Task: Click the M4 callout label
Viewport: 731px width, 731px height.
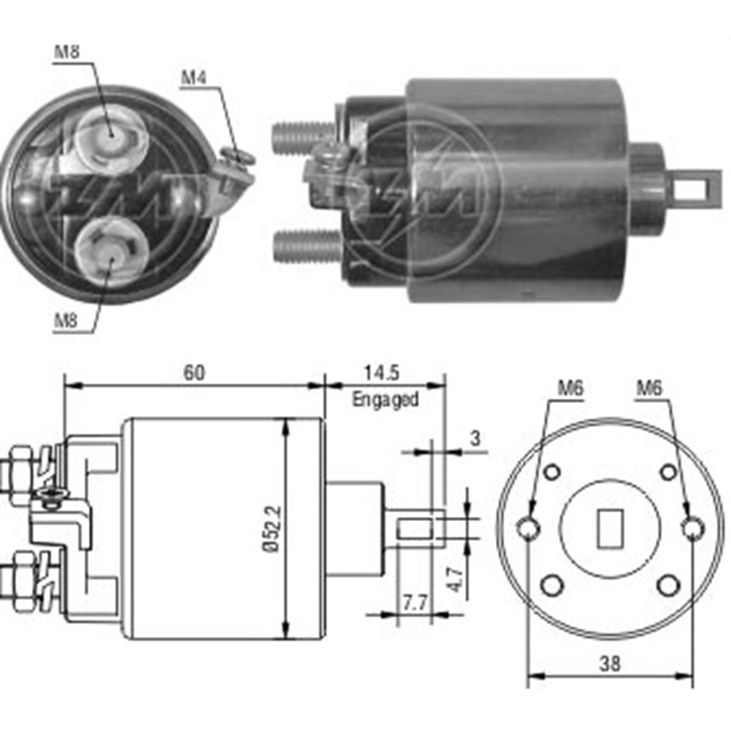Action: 193,77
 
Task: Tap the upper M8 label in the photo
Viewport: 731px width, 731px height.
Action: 67,52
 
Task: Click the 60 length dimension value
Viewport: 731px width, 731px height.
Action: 194,373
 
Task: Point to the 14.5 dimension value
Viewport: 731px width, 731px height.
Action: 382,373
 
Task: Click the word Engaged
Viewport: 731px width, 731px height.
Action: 385,399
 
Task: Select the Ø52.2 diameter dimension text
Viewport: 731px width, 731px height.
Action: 273,529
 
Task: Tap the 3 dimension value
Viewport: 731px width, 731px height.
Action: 475,439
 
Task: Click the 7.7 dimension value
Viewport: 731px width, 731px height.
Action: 415,603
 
